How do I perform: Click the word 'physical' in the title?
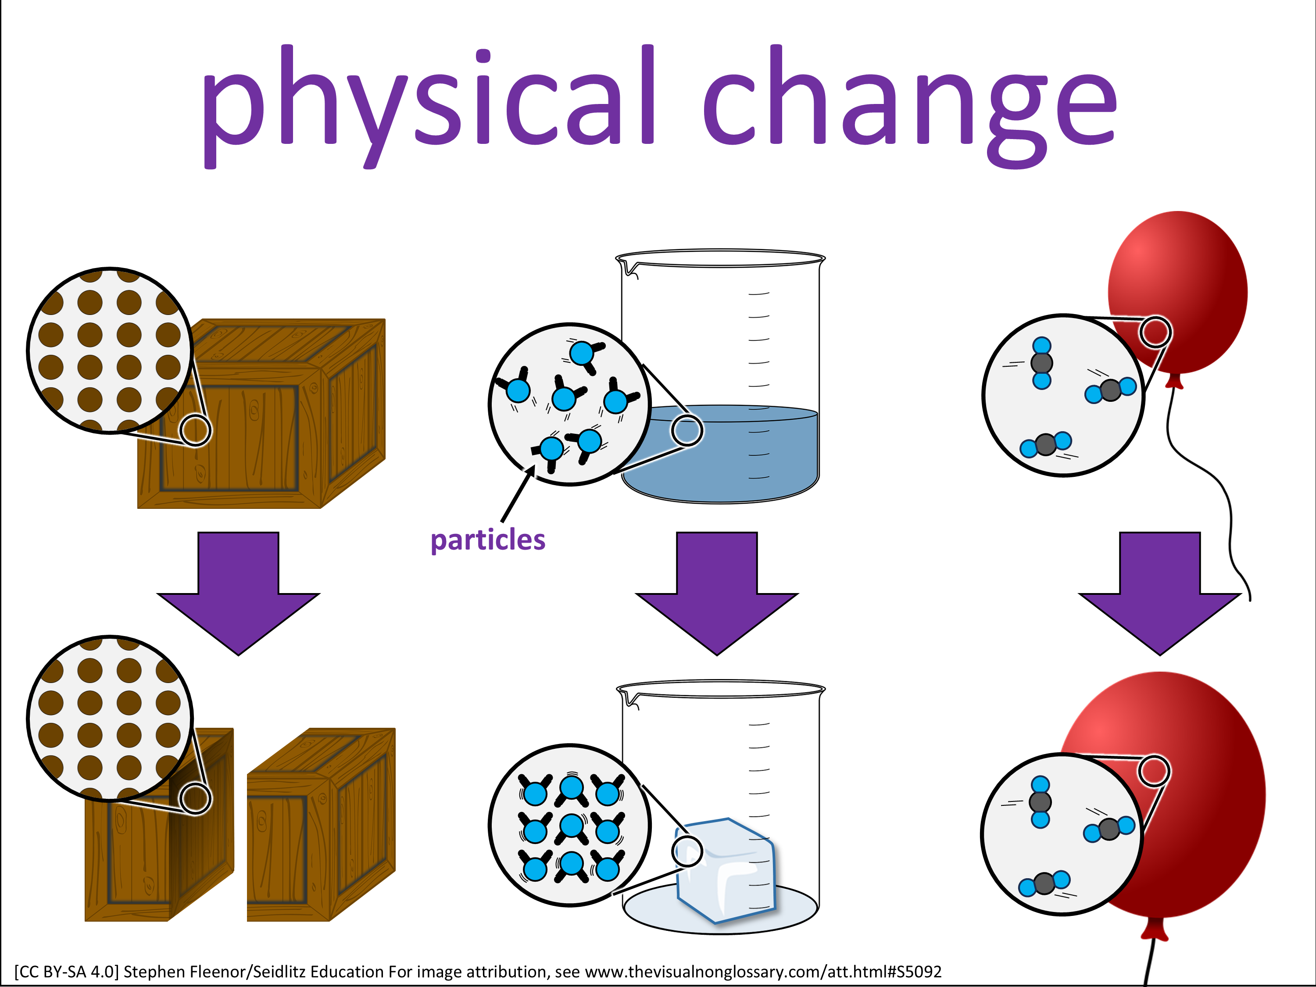[x=428, y=106]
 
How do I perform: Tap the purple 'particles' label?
[x=488, y=540]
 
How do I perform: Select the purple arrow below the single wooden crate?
[x=238, y=593]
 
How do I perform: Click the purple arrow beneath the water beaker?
[x=717, y=593]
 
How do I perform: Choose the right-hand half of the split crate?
[x=321, y=825]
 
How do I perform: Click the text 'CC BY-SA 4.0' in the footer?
[x=67, y=972]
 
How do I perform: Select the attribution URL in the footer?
[x=763, y=972]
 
